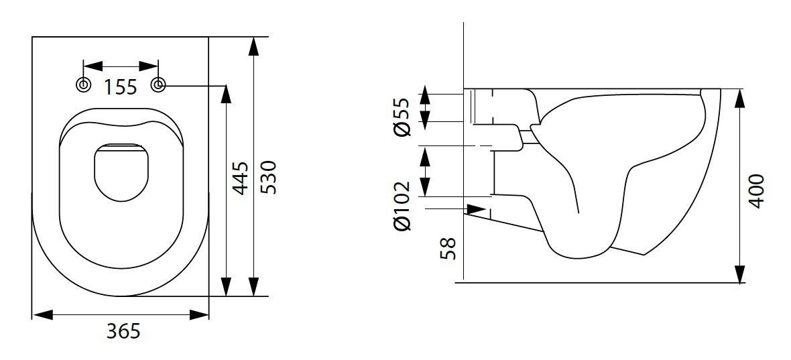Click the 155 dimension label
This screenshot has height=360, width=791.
pyautogui.click(x=121, y=86)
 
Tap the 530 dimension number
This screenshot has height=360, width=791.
pyautogui.click(x=267, y=177)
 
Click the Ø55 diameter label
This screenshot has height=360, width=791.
pyautogui.click(x=401, y=118)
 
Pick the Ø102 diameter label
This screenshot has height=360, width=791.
pyautogui.click(x=402, y=206)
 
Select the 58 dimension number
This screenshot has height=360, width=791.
pyautogui.click(x=448, y=247)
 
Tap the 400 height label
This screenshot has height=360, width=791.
pyautogui.click(x=755, y=191)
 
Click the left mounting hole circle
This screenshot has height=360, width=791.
pyautogui.click(x=83, y=85)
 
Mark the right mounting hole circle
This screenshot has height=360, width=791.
pyautogui.click(x=159, y=85)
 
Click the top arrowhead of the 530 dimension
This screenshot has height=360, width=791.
pyautogui.click(x=253, y=47)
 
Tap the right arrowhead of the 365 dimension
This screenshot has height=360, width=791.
pyautogui.click(x=199, y=314)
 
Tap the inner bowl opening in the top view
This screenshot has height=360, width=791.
pyautogui.click(x=121, y=172)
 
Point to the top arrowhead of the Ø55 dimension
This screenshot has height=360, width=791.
pyautogui.click(x=424, y=97)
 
